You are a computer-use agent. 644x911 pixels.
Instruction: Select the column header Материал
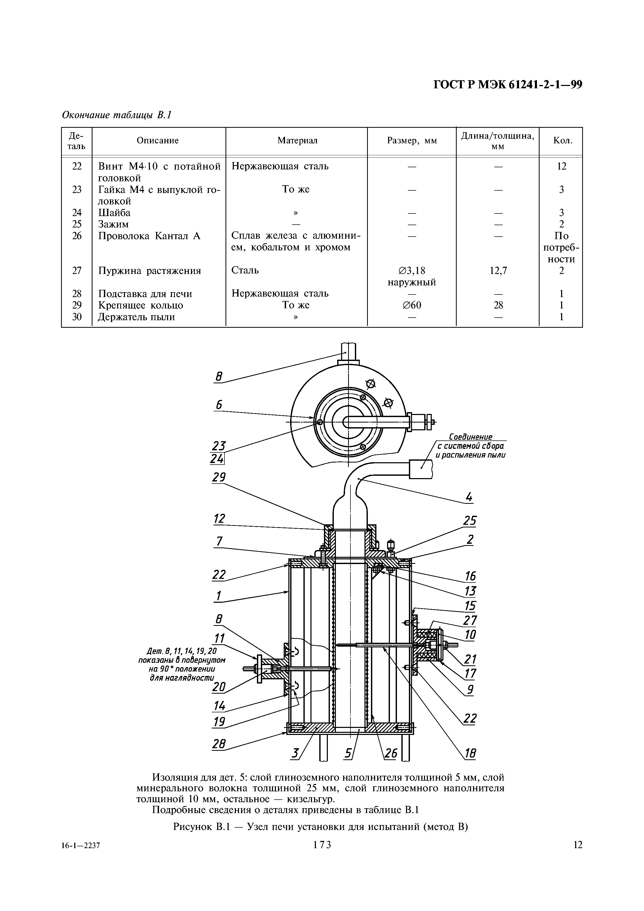tap(297, 140)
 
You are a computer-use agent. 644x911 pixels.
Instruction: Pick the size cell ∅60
tap(412, 305)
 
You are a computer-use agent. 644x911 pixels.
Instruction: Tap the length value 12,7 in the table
tap(498, 271)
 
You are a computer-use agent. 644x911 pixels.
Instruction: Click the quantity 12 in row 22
tap(561, 166)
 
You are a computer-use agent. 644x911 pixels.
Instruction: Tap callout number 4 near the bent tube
tap(469, 497)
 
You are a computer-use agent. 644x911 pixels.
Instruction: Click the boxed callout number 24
tap(217, 459)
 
